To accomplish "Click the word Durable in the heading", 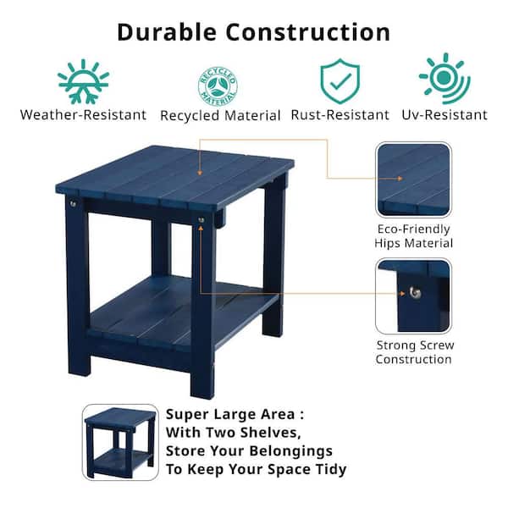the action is (167, 32).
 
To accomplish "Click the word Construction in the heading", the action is (308, 32).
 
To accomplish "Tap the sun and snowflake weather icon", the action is (83, 81).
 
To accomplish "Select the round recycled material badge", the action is (218, 86).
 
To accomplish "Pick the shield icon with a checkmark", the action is (340, 81).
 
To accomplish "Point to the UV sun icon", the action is (444, 78).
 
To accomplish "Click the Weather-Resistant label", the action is (83, 115).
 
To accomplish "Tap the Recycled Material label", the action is (220, 116).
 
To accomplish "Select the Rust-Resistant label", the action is (340, 115).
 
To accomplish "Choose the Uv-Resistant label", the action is (444, 115).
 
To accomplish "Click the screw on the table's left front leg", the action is (73, 204).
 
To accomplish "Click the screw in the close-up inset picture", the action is (415, 293).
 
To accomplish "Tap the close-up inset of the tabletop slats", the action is (414, 179).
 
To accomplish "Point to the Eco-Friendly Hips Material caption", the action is (414, 236).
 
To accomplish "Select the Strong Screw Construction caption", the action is (415, 352).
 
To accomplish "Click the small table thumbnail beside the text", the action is (120, 442).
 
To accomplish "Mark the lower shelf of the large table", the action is (181, 311).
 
